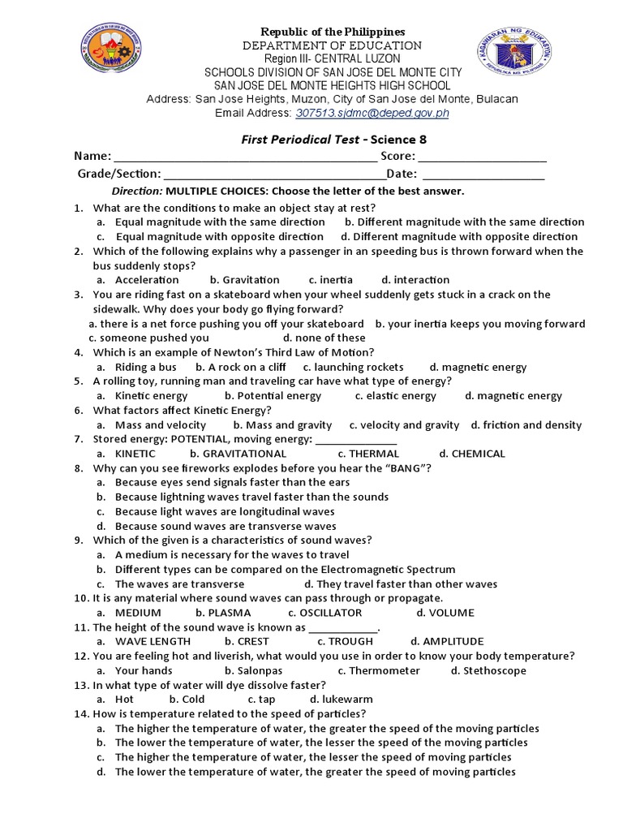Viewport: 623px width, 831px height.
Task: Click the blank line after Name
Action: click(x=244, y=157)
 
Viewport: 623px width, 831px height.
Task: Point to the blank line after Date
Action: click(x=483, y=174)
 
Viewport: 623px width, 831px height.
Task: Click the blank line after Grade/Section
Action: click(x=275, y=174)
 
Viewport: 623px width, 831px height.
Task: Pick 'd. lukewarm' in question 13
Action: click(x=342, y=700)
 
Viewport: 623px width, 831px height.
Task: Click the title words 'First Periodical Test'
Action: click(x=299, y=139)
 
